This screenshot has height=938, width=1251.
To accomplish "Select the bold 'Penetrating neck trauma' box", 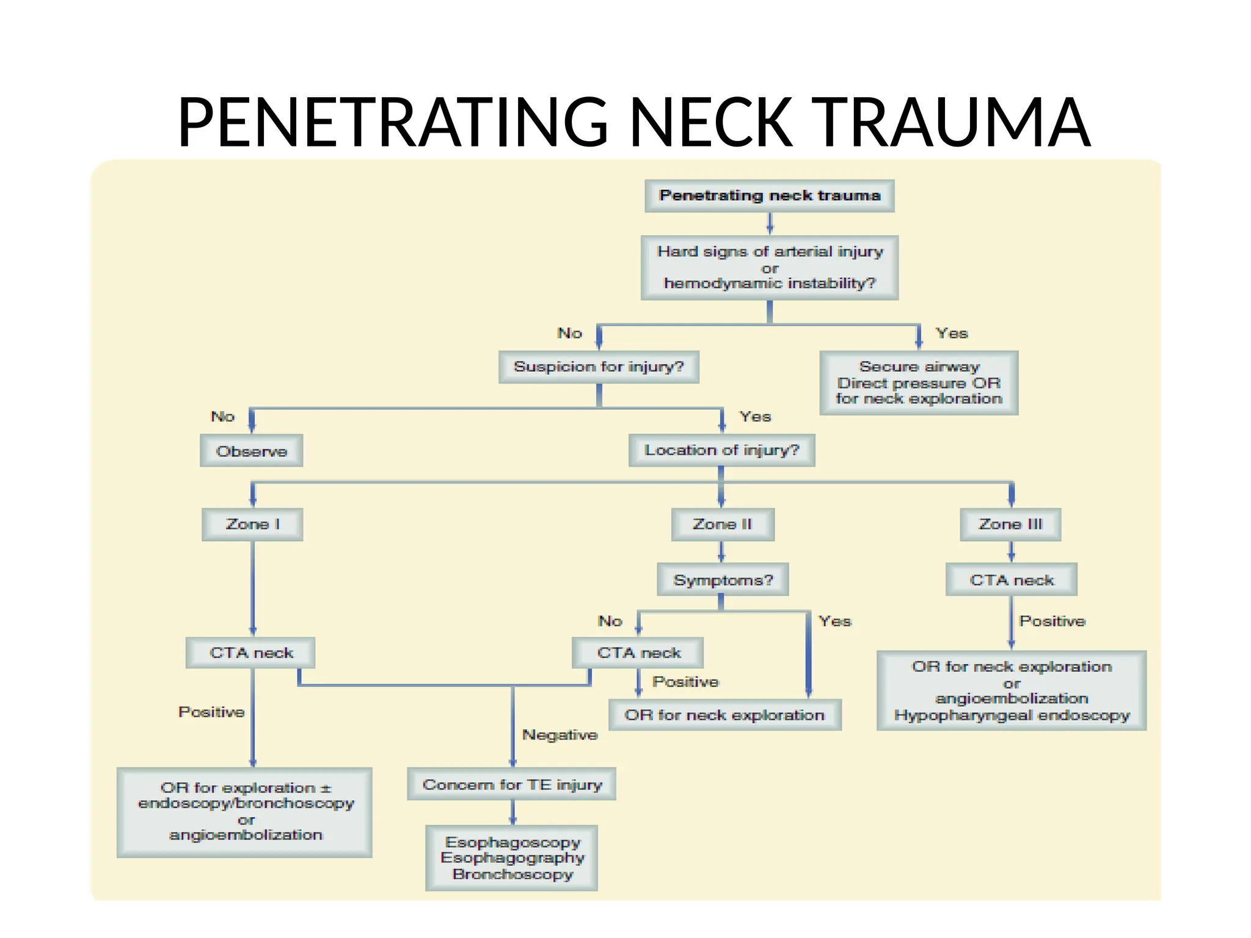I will [770, 195].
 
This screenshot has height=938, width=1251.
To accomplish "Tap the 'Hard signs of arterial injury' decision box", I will [770, 267].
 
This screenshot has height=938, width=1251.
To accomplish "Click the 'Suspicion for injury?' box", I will [599, 366].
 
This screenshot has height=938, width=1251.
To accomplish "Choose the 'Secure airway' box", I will [919, 383].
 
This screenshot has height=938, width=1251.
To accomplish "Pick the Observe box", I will [252, 451].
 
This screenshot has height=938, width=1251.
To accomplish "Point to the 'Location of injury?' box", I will [721, 450].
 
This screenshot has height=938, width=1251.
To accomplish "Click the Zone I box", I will [252, 524].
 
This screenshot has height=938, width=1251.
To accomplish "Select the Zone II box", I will [723, 524].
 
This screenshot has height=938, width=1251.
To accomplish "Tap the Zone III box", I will [1010, 524].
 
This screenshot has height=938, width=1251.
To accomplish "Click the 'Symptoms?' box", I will [723, 580].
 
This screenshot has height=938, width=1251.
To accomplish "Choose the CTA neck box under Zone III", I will [1012, 580].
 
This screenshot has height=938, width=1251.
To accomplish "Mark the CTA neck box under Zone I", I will [251, 653].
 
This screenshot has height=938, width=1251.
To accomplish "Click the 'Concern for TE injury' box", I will [512, 784].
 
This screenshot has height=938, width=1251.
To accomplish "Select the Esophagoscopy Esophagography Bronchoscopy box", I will [512, 857].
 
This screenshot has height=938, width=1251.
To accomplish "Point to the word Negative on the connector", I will [560, 735].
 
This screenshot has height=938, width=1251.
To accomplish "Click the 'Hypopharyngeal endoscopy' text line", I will [1012, 715].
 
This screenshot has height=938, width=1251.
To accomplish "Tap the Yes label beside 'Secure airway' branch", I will [952, 333].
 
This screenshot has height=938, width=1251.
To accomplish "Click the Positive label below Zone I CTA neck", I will [211, 712].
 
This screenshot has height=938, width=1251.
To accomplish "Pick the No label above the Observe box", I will [223, 416].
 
